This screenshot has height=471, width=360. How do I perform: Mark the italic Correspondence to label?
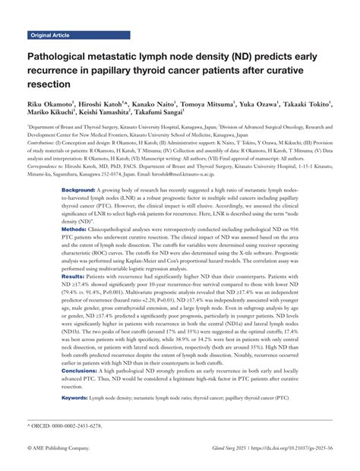pyautogui.click(x=49, y=164)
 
